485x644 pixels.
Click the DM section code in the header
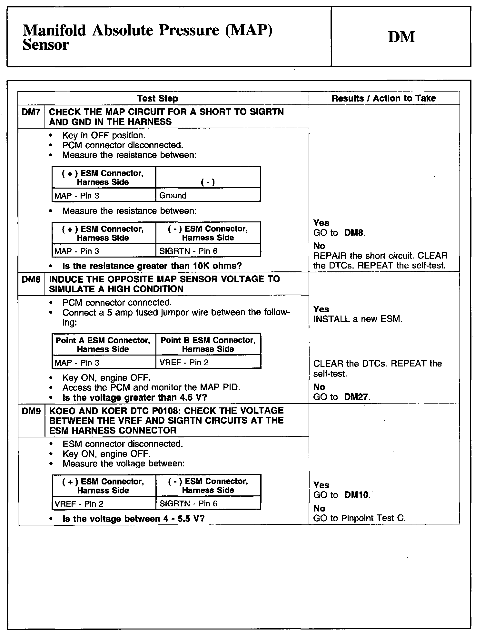(401, 37)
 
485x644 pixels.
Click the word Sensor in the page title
(46, 45)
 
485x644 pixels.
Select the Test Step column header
(157, 98)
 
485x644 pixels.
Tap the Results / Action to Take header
(383, 98)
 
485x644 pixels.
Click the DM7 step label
(31, 112)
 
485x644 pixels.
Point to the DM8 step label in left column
(31, 279)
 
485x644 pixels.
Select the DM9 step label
(31, 411)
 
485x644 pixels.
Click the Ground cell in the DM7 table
(173, 196)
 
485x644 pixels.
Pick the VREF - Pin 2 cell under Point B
(184, 362)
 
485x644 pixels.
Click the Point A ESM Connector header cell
(103, 345)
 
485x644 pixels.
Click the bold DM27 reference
(357, 397)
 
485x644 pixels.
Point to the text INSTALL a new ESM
(358, 319)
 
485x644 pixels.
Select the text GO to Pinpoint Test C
(359, 518)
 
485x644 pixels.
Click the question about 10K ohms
(152, 266)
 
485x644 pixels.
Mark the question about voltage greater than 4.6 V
(134, 397)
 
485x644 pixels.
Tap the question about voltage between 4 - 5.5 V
(134, 519)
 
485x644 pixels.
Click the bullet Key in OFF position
(104, 135)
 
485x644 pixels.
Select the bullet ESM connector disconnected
(123, 444)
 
